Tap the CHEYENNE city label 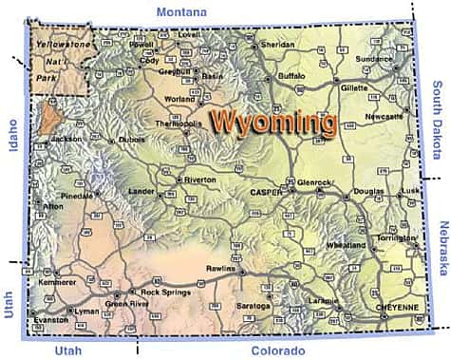tap(397, 309)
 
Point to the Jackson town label tap(66, 139)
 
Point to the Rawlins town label tap(220, 269)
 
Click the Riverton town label tap(199, 179)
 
